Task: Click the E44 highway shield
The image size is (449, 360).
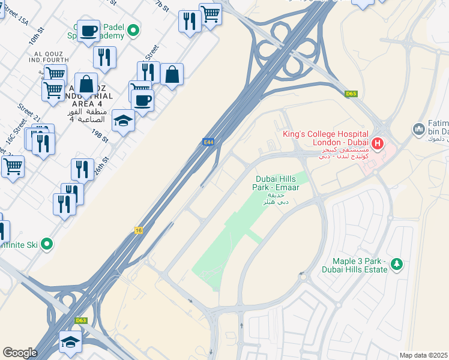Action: point(208,142)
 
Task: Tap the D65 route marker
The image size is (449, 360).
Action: point(352,94)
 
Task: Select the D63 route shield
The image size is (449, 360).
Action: point(81,320)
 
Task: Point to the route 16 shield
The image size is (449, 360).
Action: point(139,230)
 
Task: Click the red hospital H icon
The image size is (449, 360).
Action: point(378,143)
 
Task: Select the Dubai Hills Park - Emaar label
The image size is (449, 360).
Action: point(277,183)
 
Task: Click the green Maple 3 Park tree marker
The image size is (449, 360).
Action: point(396,264)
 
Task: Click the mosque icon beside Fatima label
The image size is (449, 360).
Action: point(419,129)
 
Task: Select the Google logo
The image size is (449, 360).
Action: point(20,353)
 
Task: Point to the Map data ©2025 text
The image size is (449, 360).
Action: point(423,355)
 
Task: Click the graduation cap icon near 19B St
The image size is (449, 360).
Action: point(123,120)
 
